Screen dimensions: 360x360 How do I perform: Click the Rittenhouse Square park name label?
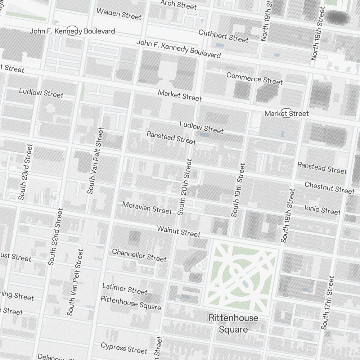pos(233,323)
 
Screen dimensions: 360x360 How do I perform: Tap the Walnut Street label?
pos(179,231)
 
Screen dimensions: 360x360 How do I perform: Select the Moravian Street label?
pos(147,208)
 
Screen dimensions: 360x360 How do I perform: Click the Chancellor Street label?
pos(139,255)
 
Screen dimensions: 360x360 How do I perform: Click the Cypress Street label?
pos(124,348)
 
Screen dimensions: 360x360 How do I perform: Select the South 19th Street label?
pos(238,190)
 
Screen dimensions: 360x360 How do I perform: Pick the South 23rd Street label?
pos(26,172)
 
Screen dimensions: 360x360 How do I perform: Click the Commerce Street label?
pos(255,78)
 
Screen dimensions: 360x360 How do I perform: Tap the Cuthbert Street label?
pos(224,35)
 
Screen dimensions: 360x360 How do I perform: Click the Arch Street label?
pos(179,5)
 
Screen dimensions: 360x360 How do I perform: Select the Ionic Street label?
pos(322,210)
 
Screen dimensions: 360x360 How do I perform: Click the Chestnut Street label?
pos(329,187)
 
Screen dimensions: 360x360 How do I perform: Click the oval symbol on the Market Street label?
pos(286,113)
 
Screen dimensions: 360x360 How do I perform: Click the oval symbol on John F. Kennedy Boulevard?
pos(73,31)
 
